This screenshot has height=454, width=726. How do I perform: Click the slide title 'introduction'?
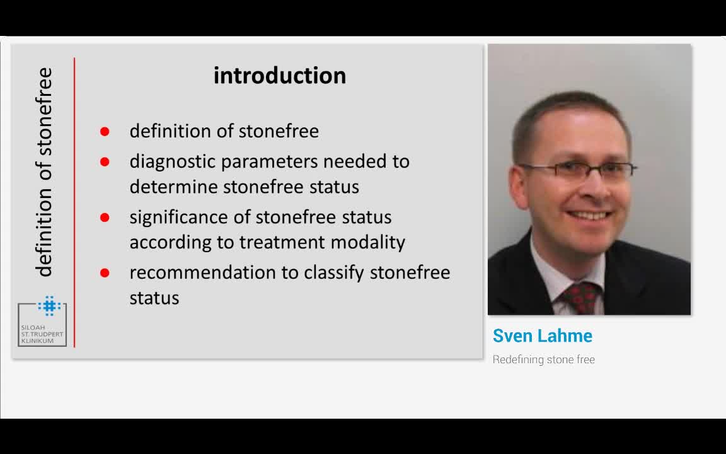[280, 76]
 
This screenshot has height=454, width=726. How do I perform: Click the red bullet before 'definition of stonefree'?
[105, 132]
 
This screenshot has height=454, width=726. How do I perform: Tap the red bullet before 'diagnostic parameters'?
[105, 161]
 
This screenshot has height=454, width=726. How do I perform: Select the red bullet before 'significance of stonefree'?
[105, 218]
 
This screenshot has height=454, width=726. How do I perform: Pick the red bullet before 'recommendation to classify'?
[105, 273]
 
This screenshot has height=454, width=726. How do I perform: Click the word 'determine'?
[174, 187]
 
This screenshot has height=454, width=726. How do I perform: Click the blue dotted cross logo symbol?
[50, 306]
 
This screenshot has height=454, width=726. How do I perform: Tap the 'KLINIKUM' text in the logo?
[38, 341]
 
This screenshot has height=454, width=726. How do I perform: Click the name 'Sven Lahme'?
[542, 336]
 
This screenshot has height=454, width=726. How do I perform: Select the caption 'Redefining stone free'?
[544, 359]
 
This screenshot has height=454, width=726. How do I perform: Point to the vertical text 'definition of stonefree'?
[45, 172]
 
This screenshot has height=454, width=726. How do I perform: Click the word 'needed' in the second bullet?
[355, 161]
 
